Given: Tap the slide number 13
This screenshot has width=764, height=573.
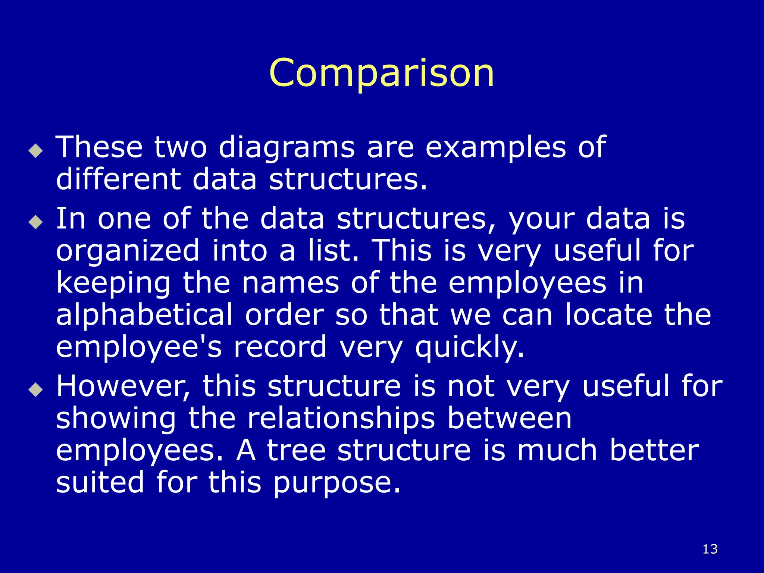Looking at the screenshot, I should click(x=710, y=549).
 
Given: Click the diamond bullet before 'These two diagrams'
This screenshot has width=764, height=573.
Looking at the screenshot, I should click(x=36, y=151).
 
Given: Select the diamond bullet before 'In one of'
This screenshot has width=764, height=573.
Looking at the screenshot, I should click(x=36, y=222).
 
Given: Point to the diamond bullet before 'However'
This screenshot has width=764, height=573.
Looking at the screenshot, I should click(x=36, y=390).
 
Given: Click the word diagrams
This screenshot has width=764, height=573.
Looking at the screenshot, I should click(x=286, y=148).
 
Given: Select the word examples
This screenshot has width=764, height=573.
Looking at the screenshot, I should click(x=496, y=148).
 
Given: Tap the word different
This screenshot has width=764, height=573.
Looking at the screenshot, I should click(x=118, y=179).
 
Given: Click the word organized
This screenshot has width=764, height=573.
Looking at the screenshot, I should click(x=128, y=251).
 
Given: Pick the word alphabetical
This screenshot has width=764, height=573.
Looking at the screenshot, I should click(x=144, y=315).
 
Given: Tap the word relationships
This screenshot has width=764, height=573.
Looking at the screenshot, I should click(x=341, y=419).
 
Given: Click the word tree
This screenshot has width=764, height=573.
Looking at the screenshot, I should click(x=296, y=451).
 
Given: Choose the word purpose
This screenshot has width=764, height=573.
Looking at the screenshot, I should click(x=337, y=483).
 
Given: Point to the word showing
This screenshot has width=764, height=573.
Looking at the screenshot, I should click(x=116, y=419).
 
